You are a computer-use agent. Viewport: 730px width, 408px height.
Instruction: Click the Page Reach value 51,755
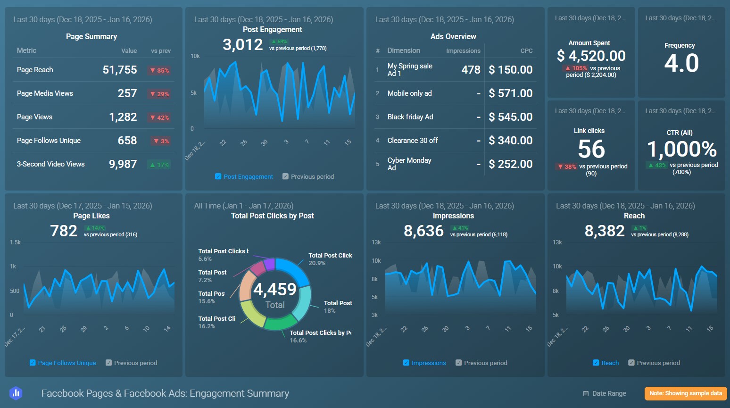(120, 70)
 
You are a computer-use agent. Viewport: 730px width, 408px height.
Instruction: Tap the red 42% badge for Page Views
(160, 117)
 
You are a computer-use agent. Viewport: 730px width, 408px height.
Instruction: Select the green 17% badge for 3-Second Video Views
(160, 165)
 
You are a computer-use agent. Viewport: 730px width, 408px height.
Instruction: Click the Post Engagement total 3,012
(242, 45)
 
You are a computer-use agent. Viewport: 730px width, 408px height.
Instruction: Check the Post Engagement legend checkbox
(218, 176)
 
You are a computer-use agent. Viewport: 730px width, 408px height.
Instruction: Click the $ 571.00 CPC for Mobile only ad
(510, 93)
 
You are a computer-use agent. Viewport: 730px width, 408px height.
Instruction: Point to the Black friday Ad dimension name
(410, 117)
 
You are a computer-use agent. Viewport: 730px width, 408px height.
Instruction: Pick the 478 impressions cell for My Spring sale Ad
(470, 70)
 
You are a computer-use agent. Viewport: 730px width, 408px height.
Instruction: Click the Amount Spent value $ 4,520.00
(591, 56)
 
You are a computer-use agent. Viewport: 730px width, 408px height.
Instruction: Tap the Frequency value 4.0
(681, 63)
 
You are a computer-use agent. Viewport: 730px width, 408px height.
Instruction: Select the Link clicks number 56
(591, 150)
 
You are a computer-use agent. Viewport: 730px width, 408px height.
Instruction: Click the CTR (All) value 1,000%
(681, 150)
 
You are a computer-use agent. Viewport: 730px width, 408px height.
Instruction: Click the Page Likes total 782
(64, 231)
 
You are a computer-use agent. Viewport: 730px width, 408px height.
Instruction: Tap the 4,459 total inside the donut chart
(275, 289)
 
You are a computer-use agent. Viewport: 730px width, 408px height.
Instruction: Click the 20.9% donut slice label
(317, 263)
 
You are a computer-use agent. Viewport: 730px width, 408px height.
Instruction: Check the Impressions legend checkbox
(406, 363)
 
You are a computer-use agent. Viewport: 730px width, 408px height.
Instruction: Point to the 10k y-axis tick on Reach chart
(557, 266)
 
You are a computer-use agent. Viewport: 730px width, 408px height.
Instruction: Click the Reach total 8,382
(604, 231)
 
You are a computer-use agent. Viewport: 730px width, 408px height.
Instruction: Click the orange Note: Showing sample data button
(685, 393)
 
